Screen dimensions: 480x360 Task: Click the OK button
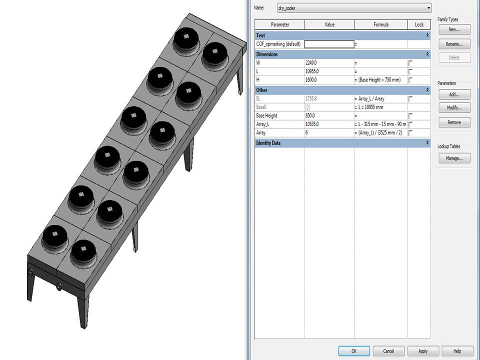click(x=353, y=351)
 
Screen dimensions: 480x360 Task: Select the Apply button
click(x=423, y=351)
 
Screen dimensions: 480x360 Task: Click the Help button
click(x=457, y=351)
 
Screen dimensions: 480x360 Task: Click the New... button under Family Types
click(x=454, y=29)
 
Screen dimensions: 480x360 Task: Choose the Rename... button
click(x=454, y=44)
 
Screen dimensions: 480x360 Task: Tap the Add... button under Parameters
click(x=454, y=94)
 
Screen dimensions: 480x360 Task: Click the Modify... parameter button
click(x=454, y=108)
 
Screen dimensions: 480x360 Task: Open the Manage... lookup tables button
click(x=454, y=158)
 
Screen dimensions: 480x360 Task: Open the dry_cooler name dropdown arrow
click(x=428, y=8)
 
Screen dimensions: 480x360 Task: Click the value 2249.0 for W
click(x=328, y=63)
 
